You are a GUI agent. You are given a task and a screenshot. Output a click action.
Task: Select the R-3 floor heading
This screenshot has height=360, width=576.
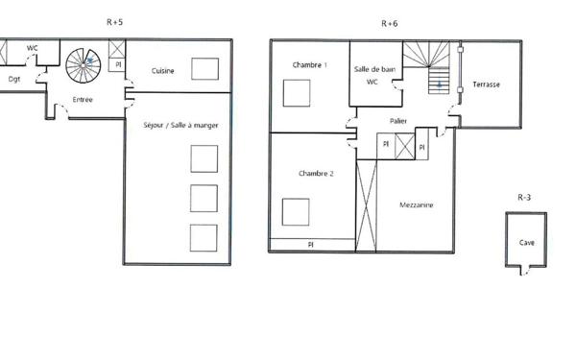coord(524,198)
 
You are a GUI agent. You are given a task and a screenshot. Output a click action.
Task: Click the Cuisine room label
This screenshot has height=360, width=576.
coord(163,70)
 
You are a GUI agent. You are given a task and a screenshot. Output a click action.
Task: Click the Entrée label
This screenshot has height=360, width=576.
coord(83,98)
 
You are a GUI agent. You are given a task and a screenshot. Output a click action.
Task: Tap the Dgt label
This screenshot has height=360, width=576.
coord(14,79)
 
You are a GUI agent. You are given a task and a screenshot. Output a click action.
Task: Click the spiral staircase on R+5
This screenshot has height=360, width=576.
coord(84,65)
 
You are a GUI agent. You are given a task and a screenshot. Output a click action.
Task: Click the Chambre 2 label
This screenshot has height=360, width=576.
coord(316,174)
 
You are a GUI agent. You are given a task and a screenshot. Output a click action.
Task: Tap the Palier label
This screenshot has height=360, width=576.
coord(398,120)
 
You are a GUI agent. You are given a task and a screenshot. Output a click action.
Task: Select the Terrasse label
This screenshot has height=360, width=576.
coord(486,84)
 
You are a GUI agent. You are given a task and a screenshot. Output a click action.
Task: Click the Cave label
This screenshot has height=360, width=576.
coord(527,243)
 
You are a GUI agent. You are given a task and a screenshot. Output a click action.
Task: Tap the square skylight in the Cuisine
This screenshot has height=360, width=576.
coord(204,68)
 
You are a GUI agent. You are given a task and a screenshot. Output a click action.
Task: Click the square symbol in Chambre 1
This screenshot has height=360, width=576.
coord(296,93)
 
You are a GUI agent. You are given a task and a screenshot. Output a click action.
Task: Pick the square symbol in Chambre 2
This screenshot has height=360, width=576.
coord(296,211)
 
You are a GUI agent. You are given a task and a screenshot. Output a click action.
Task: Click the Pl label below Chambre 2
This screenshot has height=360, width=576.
coord(311,246)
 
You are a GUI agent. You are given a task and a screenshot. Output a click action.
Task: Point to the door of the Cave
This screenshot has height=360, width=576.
coord(523,273)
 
